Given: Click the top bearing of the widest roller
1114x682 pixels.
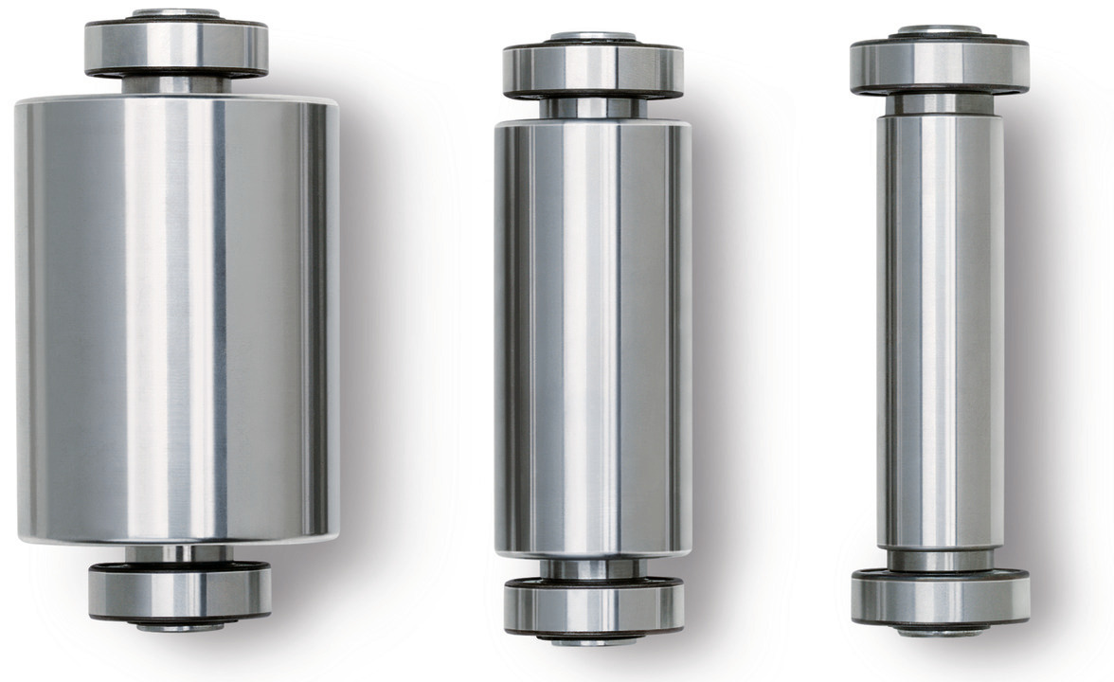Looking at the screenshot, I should coord(176,47).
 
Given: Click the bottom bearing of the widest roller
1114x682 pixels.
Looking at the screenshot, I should coord(179,591).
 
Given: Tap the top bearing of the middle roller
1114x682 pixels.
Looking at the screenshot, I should coord(593,70).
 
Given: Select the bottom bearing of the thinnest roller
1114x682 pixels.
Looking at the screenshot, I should coord(940,597).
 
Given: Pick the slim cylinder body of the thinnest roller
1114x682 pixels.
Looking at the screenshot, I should coord(940,332).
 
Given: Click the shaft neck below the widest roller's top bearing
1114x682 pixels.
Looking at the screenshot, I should coord(176,85).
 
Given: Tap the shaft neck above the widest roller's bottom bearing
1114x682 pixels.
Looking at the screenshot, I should coord(179,553).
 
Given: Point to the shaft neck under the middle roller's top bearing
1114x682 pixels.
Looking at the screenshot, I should coord(593,108).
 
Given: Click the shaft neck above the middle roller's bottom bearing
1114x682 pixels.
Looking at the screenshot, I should coord(594,567).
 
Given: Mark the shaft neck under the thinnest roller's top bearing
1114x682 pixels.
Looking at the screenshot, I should coord(940,103).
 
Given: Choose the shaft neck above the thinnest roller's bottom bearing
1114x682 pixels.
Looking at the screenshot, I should coord(940,559).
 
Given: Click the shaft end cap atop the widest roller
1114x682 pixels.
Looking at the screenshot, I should coord(176,13).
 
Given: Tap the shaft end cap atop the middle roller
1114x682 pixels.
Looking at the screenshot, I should coord(593,36).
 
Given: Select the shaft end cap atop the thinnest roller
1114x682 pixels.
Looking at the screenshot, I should coord(940,30).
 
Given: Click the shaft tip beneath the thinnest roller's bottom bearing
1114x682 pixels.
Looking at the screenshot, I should coord(940,630).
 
